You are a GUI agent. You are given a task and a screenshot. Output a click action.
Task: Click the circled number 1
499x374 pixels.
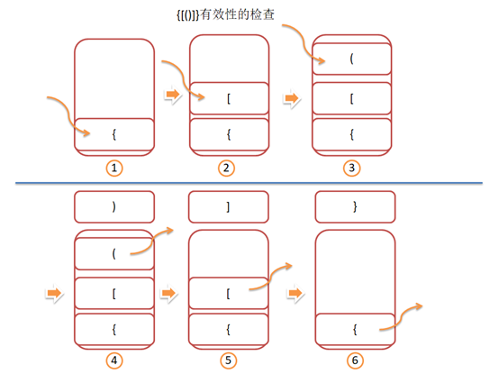(114, 168)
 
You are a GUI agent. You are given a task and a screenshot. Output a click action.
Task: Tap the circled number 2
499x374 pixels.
(226, 168)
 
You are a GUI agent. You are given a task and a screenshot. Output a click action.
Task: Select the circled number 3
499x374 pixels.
(351, 168)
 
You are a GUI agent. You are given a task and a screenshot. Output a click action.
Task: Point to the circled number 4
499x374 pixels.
(114, 360)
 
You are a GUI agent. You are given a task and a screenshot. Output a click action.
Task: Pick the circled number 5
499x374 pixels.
(229, 360)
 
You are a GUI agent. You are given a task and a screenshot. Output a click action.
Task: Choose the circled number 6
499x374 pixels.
(355, 360)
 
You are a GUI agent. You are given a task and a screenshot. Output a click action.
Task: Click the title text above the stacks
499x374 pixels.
(225, 14)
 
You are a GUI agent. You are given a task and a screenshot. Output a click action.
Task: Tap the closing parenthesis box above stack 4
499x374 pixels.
(114, 207)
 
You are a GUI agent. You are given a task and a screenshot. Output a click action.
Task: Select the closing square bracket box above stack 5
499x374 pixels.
(229, 207)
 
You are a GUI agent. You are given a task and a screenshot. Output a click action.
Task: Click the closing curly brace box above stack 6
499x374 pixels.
(355, 207)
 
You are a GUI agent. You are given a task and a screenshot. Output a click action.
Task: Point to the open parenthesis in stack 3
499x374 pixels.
(351, 59)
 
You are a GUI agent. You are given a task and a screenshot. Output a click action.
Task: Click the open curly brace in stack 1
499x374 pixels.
(114, 134)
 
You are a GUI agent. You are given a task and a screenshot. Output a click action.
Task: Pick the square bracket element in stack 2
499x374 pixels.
(229, 98)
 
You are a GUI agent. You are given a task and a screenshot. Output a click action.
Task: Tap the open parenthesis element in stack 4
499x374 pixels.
(114, 253)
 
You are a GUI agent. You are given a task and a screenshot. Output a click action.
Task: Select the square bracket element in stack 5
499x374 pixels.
(229, 293)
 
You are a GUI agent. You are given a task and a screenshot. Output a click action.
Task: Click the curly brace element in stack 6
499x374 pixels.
(355, 329)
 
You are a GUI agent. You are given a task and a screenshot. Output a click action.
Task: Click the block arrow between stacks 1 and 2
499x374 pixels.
(173, 95)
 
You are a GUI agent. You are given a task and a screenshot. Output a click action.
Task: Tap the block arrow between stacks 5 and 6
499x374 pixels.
(295, 293)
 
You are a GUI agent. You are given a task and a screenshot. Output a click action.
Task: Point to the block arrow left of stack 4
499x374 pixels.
(54, 293)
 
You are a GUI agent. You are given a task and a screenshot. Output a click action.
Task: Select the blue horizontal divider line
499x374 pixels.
(249, 183)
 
